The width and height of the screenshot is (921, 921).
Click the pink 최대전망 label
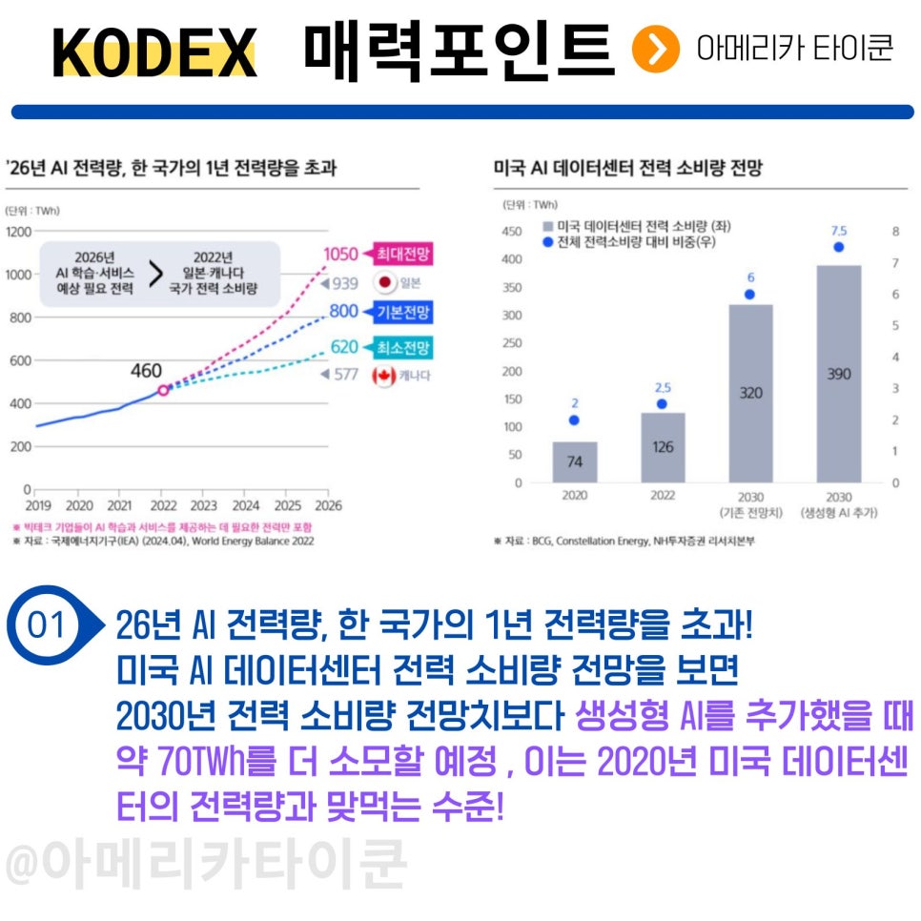pos(403,254)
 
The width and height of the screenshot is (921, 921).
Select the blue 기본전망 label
pos(403,312)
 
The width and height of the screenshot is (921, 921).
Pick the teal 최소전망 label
pos(403,347)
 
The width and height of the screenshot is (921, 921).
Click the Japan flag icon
pos(385,283)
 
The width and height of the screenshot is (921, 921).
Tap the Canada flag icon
pos(385,375)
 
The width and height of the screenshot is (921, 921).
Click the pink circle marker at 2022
pos(163,390)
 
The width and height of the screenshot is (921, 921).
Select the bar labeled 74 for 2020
pos(574,462)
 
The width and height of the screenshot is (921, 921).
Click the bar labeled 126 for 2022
pos(663,447)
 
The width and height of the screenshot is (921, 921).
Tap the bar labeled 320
pos(750,393)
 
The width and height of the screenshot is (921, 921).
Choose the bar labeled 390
pos(839,374)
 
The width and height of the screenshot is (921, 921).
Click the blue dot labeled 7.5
pos(839,247)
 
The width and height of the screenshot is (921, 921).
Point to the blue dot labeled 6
pos(750,294)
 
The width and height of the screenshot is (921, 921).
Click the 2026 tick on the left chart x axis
pos(328,505)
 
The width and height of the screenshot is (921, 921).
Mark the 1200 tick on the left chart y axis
pos(19,231)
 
